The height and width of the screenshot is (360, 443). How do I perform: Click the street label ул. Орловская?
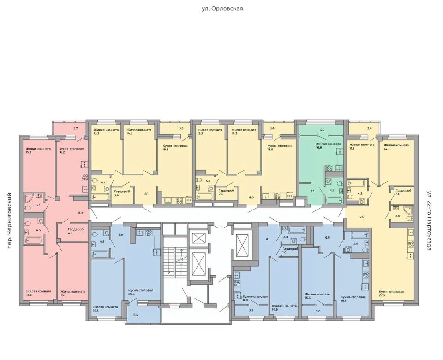pos(222,8)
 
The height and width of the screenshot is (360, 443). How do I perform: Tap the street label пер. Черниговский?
pos(9,221)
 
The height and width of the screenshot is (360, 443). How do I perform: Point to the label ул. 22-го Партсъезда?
pos(429,221)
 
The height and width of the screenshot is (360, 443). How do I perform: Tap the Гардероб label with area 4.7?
pos(76,229)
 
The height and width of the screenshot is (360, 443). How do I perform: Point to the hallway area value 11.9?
pos(80,213)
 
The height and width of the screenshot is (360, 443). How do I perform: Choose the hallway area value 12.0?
pos(361,217)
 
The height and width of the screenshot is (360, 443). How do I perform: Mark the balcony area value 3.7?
pos(75,128)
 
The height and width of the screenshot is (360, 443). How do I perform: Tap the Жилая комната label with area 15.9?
pos(38,149)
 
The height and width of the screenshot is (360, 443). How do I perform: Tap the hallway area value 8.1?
pos(146,194)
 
